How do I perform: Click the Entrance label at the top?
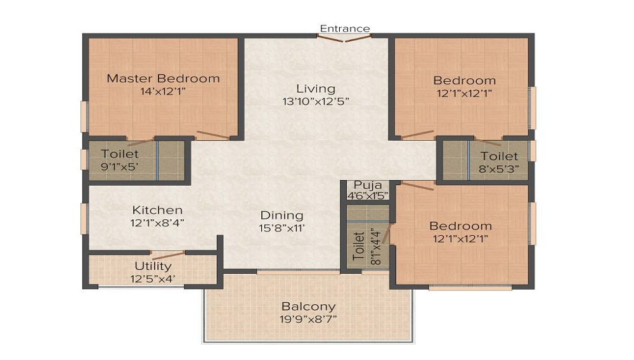point(344,29)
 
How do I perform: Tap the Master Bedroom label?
point(164,79)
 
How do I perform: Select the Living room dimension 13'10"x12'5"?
point(316,101)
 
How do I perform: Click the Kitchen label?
point(157,210)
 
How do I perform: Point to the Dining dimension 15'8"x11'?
point(282,228)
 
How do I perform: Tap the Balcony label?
point(309,307)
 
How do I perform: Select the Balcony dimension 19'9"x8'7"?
point(308,319)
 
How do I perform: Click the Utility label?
point(153,266)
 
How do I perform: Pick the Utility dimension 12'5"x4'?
point(153,280)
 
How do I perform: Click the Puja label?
point(368,186)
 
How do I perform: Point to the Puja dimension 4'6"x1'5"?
point(368,196)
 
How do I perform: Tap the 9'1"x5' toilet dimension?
point(120,167)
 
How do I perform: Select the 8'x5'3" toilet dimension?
point(499,169)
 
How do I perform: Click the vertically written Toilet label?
point(359,246)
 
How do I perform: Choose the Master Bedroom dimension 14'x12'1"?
point(163,91)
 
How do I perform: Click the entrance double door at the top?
point(344,38)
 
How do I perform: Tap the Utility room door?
point(168,255)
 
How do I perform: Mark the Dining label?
point(282,215)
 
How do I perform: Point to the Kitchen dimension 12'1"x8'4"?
point(157,223)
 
